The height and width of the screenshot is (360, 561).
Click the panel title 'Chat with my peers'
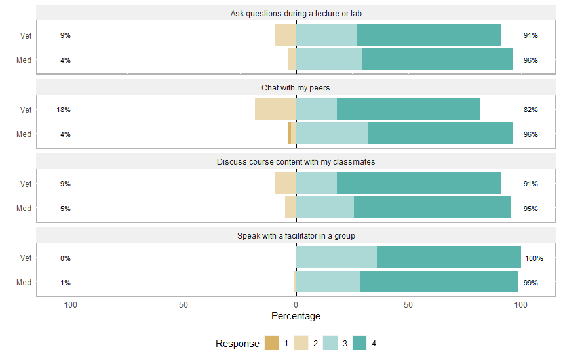[x=296, y=87]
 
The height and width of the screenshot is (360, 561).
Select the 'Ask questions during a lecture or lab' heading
[x=296, y=13]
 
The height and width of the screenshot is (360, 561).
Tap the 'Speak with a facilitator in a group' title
[x=296, y=235]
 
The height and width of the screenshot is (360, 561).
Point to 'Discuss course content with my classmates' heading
[x=296, y=161]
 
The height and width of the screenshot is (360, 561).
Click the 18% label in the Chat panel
[x=64, y=110]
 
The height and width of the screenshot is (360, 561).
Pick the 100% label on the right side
[x=533, y=258]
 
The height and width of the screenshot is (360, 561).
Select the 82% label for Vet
[x=530, y=110]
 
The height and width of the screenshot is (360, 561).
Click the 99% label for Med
[x=530, y=283]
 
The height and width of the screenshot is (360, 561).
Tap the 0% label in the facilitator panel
[x=66, y=258]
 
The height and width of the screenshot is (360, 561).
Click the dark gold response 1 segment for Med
[x=289, y=134]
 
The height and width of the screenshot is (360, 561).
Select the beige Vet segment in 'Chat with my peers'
[x=275, y=109]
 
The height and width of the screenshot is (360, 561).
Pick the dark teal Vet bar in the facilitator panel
[x=449, y=258]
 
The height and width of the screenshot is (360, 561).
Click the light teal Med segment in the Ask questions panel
[x=329, y=59]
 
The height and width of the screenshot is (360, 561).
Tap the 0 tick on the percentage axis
[x=296, y=305]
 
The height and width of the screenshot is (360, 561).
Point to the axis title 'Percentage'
[x=296, y=316]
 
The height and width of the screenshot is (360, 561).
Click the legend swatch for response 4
[x=359, y=343]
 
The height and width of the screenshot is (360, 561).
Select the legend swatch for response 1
[x=271, y=343]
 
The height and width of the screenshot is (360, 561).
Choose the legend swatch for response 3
[x=330, y=343]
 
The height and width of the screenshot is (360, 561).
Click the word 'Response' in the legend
[x=237, y=344]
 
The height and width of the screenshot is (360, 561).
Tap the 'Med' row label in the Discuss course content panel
[x=24, y=209]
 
